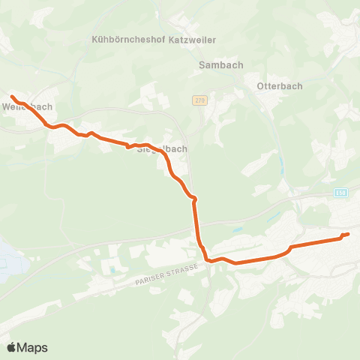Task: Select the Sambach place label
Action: point(221,65)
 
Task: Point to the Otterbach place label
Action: point(279,85)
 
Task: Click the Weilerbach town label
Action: point(32,106)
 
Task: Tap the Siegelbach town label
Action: point(162,149)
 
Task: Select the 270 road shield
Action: point(199,100)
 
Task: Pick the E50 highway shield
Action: point(342,193)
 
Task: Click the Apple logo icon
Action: point(11,347)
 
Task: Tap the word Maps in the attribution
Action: point(33,347)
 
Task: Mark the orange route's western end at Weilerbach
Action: point(12,97)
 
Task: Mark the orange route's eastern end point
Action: point(348,235)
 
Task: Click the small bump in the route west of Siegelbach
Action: point(90,133)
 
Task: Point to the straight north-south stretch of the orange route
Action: point(197,221)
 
